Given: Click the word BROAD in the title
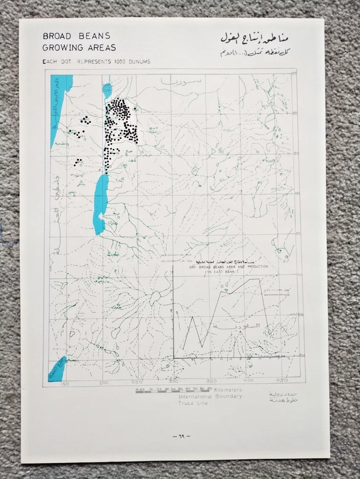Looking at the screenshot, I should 58,37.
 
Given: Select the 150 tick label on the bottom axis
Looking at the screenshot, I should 64,384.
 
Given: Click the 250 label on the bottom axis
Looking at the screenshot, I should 138,383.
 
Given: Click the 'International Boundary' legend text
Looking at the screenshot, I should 210,395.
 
